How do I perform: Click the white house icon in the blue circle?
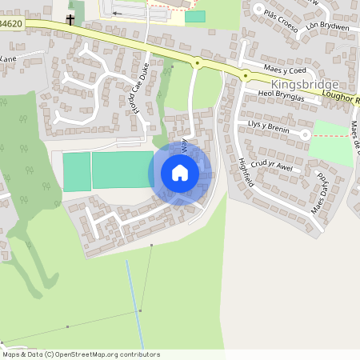coord(180,173)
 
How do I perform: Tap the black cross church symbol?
coord(70,19)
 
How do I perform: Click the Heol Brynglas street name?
coord(281,95)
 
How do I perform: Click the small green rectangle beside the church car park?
coord(194,16)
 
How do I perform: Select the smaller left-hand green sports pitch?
coord(77,171)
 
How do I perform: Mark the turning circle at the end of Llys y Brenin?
coord(305,134)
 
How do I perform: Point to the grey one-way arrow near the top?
coord(119,13)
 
